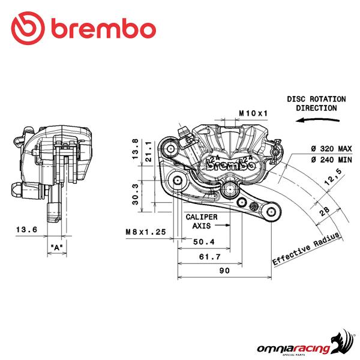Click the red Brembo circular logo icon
pos(28,28)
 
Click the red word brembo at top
pos(104,29)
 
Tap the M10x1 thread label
pos(253,113)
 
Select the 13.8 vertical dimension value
pos(135,149)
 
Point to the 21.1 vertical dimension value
pos(149,152)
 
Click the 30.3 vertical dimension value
pos(135,194)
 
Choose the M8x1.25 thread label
pos(146,232)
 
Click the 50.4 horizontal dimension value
pos(204,242)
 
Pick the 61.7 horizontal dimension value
pos(210,256)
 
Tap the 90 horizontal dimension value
pos(224,271)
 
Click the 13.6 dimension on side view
pos(26,229)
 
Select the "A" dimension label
pos(57,247)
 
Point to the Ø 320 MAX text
pos(331,149)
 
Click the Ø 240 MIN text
pos(331,160)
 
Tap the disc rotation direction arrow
pos(317,120)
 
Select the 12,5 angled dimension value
pos(333,177)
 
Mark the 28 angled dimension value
pos(325,211)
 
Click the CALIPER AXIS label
pos(202,221)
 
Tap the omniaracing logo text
pos(293,349)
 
